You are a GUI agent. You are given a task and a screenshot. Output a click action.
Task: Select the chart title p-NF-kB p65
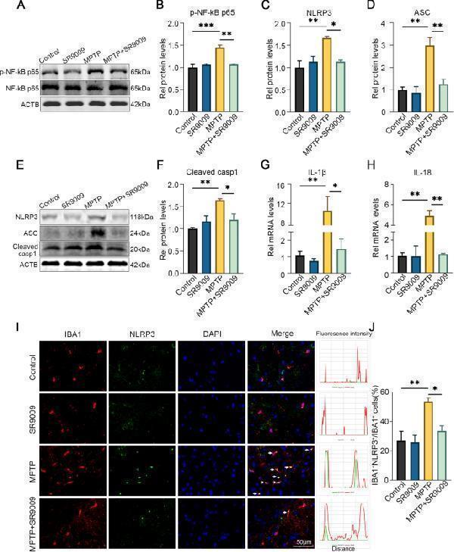coord(204,14)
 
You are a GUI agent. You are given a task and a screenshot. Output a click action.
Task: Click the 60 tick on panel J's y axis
coord(386,391)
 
